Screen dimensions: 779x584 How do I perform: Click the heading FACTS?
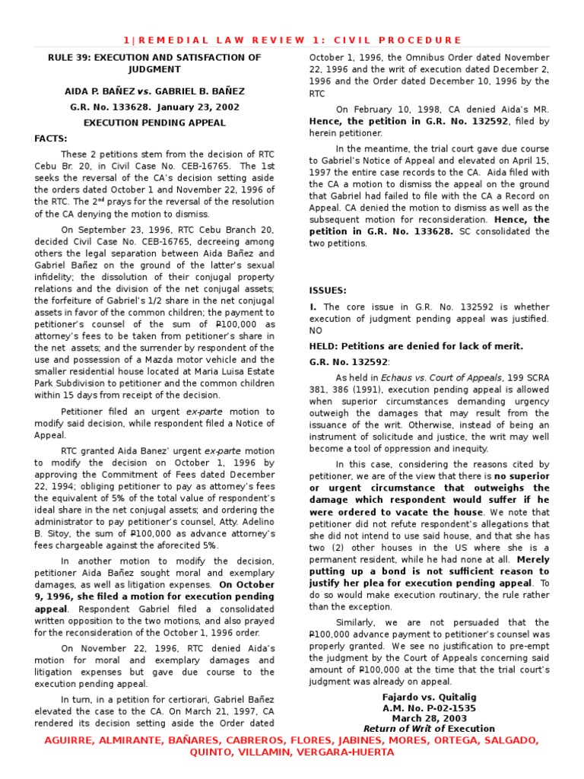tap(51, 138)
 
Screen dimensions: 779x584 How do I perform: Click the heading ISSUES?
tap(327, 291)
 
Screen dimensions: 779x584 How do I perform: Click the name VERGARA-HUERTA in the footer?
tap(348, 752)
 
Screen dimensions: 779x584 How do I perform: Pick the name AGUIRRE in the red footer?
tap(75, 740)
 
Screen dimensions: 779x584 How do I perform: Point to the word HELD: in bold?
tap(325, 346)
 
